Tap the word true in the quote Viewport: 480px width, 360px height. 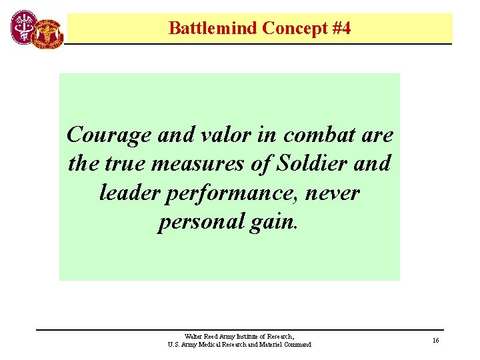[123, 164]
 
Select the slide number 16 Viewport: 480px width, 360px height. [435, 341]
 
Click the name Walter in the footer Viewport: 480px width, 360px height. [195, 337]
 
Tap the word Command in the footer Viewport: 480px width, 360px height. [297, 345]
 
